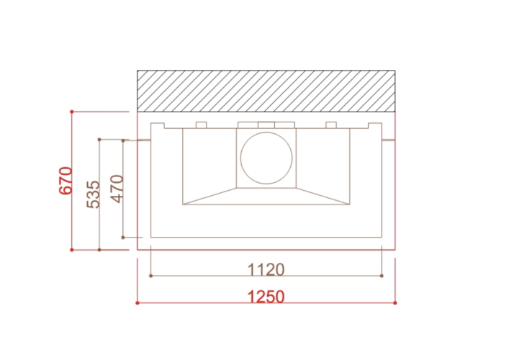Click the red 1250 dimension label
266,297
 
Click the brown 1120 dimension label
266,269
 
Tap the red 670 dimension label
66,181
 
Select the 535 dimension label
93,194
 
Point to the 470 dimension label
117,189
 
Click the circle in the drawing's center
266,132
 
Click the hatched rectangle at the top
266,91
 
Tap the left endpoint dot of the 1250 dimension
137,303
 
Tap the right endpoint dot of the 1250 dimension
395,303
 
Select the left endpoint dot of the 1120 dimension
150,276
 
